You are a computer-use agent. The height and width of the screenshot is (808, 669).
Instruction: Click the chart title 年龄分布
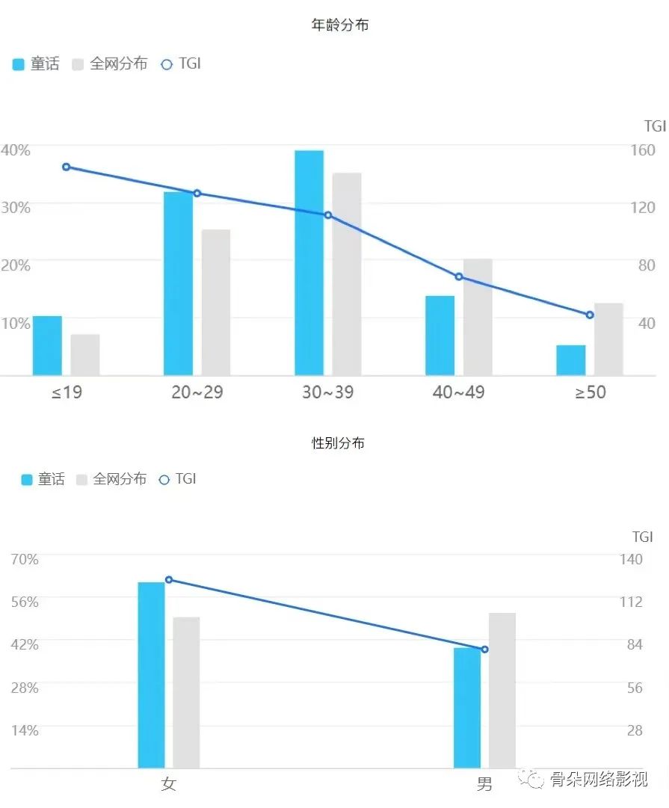[339, 25]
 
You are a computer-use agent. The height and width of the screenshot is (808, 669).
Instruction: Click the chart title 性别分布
[338, 442]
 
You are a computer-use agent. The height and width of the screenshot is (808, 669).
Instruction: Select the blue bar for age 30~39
[309, 262]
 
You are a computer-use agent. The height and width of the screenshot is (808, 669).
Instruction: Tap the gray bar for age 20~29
[216, 302]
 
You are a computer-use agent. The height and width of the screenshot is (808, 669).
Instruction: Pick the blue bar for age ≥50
[571, 360]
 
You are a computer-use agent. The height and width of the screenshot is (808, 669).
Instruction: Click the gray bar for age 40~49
[478, 317]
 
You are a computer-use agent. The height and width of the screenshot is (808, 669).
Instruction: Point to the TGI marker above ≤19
[67, 167]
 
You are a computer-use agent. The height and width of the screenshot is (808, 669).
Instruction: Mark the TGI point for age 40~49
[459, 277]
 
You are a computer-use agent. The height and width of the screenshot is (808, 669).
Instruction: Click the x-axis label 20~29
[197, 392]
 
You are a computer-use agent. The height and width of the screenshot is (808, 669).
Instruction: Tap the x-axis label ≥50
[591, 392]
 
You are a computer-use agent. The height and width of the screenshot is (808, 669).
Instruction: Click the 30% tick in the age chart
[16, 208]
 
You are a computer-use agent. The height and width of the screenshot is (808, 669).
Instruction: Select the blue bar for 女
[151, 674]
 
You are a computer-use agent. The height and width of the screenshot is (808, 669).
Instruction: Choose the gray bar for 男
[502, 690]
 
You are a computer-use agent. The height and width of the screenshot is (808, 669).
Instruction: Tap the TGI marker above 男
[484, 650]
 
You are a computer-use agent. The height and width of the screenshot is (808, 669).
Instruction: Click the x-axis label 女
[168, 784]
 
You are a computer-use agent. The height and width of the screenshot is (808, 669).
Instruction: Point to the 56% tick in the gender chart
[25, 602]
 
